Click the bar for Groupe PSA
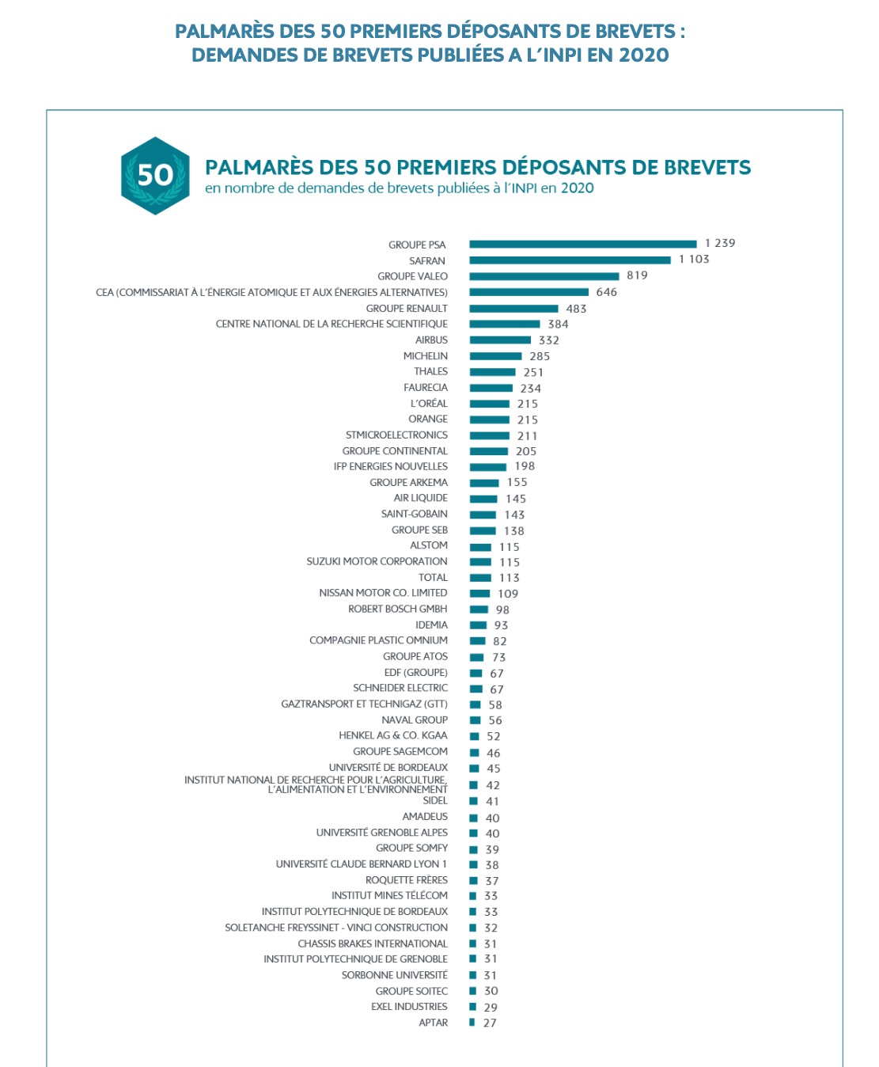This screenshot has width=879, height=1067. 582,244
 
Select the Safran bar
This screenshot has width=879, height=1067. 570,260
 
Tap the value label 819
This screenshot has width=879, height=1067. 637,275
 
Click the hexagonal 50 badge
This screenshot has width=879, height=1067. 155,175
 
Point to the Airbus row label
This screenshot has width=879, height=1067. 431,340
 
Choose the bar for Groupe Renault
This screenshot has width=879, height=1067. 513,308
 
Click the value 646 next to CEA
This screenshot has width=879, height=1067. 607,292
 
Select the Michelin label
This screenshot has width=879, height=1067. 425,356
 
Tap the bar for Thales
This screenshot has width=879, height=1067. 492,372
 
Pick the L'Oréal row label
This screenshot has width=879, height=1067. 429,403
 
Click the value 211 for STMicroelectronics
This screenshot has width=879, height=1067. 527,435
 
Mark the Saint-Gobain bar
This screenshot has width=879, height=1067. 483,515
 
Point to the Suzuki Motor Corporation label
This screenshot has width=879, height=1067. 377,561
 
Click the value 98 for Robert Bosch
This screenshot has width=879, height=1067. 502,609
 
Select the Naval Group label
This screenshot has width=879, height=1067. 415,720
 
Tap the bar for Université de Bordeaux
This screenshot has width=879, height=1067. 475,769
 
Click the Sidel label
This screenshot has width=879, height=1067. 435,800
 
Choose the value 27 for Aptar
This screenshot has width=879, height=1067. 490,1023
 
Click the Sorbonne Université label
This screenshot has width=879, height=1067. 394,975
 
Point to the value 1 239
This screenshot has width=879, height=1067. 720,243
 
